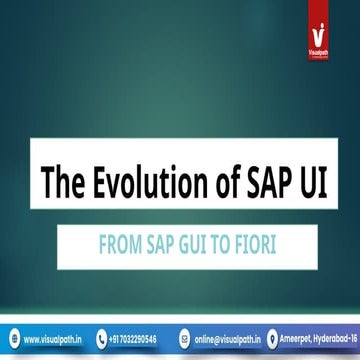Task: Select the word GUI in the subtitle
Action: (177, 243)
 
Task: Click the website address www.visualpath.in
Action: (52, 338)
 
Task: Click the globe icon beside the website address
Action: (13, 338)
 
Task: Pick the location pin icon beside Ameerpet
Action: (270, 338)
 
